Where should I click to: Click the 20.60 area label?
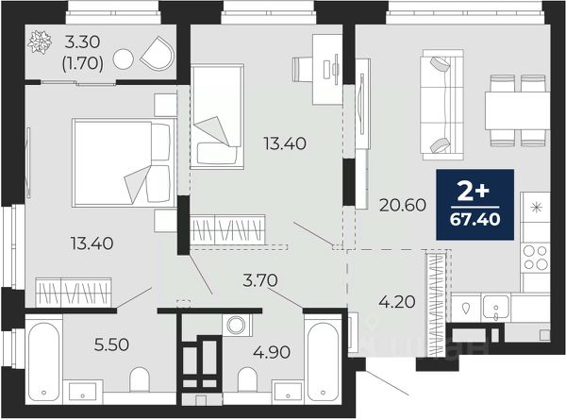click(403, 206)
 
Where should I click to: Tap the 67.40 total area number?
click(475, 219)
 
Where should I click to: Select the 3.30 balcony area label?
click(82, 42)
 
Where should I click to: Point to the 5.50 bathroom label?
click(111, 344)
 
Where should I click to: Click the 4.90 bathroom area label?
click(272, 352)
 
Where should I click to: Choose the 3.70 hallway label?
click(260, 280)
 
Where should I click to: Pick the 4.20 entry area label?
click(397, 301)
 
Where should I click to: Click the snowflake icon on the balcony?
click(40, 42)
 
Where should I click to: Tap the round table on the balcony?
click(123, 59)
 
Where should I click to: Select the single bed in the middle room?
click(217, 116)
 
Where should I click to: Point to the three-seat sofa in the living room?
click(441, 105)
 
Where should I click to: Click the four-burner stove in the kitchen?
click(536, 258)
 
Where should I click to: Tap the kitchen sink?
click(496, 308)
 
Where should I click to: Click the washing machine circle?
click(236, 325)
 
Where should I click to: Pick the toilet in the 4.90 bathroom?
click(247, 380)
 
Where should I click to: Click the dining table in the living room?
click(517, 110)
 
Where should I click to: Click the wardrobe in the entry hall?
click(437, 304)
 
